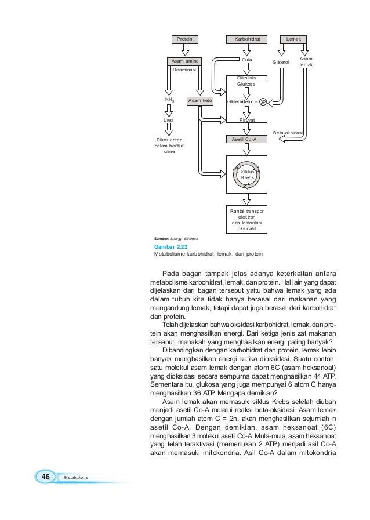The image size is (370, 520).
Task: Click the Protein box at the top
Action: [x=184, y=39]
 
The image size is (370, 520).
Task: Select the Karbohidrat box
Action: [x=246, y=39]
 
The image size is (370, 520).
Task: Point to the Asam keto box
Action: [x=199, y=101]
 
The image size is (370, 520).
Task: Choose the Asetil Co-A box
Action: [x=246, y=140]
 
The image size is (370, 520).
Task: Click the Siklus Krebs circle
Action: [x=248, y=175]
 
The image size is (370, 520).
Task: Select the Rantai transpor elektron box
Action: [x=246, y=219]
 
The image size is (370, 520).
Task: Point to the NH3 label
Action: [x=169, y=100]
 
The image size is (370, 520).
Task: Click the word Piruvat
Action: [x=247, y=120]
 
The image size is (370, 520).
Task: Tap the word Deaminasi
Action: [x=184, y=69]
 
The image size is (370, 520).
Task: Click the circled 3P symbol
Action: [x=263, y=101]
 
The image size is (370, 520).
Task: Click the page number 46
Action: [x=43, y=476]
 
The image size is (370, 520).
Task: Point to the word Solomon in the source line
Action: [x=191, y=239]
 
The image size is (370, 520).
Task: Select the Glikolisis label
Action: [x=247, y=77]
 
